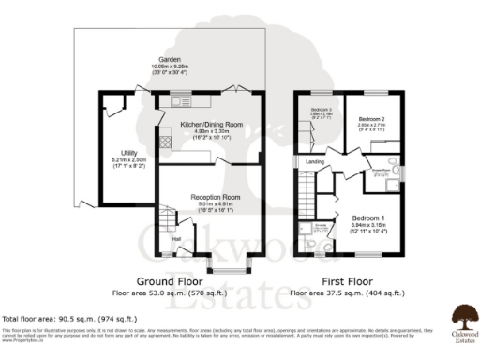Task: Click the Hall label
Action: (174, 238)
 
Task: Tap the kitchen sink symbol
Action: (177, 100)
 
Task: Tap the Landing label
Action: (314, 161)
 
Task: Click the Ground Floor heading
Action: (171, 281)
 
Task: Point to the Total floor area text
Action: (63, 319)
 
